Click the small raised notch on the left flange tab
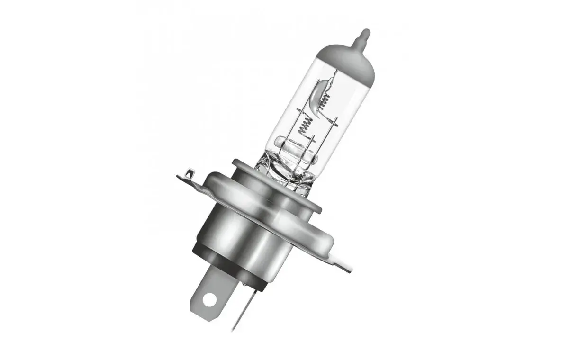tap(190, 172)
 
